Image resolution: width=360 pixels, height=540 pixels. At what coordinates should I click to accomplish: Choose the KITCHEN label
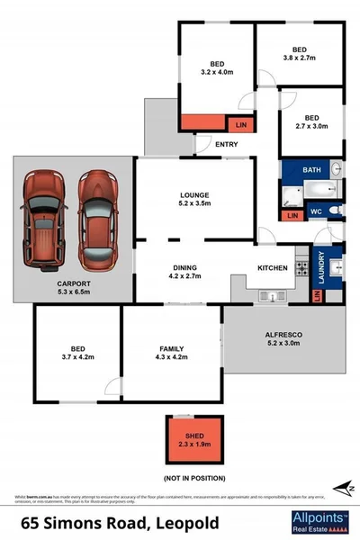click(x=273, y=268)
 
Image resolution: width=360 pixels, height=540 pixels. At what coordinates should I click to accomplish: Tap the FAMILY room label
click(x=172, y=348)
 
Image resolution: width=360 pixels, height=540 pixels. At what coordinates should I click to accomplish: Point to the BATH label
click(x=312, y=170)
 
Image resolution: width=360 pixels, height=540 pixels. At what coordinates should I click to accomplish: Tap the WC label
click(x=315, y=211)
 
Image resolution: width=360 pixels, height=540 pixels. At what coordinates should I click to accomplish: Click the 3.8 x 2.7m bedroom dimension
click(x=300, y=59)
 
